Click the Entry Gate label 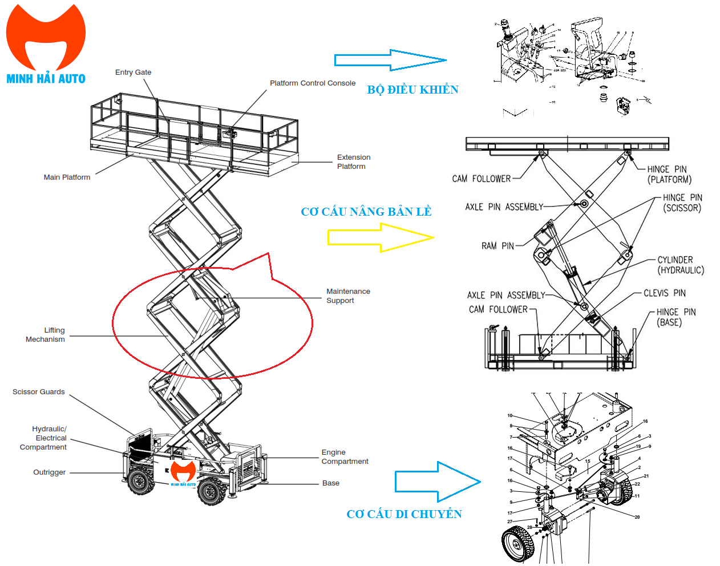point(133,72)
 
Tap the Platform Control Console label point(312,83)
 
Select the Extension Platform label point(353,162)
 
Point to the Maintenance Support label point(348,296)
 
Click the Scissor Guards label point(39,392)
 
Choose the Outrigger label point(50,472)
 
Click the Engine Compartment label point(345,457)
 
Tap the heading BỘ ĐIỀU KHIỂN point(412,90)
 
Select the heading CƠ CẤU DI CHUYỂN point(404,514)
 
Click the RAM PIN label point(497,246)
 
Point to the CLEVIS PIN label point(664,293)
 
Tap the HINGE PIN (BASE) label point(675,317)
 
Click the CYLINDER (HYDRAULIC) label point(680,265)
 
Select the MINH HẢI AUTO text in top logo point(46,79)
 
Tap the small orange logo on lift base point(183,472)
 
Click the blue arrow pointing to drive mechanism point(437,482)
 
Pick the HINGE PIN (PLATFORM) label point(669,175)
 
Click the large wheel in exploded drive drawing point(518,543)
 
